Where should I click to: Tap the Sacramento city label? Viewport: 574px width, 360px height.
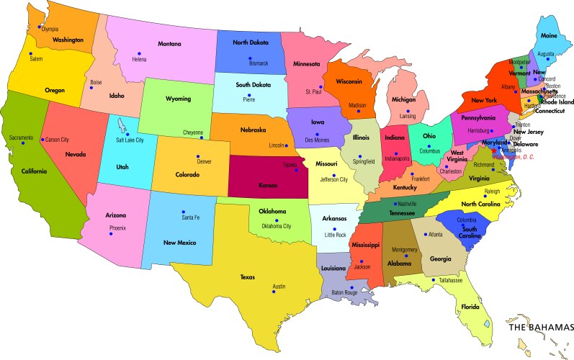22,137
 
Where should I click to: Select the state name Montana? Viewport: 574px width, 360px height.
169,45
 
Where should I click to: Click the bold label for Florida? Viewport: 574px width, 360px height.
470,307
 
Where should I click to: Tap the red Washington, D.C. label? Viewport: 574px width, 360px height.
516,156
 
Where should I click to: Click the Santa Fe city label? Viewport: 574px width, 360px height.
191,217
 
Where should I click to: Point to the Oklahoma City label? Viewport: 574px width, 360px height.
276,226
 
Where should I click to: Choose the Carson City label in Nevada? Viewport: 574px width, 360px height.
58,139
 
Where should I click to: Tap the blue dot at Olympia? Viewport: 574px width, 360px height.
39,27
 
